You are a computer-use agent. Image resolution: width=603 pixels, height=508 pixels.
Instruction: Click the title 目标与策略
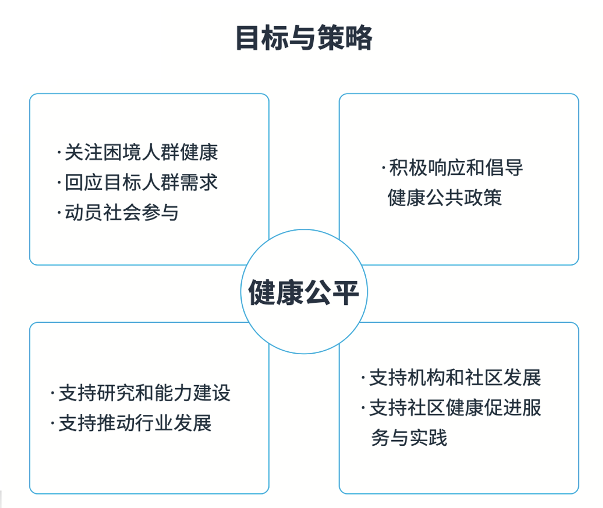(x=304, y=38)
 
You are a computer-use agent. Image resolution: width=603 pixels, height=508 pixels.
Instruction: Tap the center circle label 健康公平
(x=304, y=293)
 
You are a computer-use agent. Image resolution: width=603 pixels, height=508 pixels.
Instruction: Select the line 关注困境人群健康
(x=141, y=152)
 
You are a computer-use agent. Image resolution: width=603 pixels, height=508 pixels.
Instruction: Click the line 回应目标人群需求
(x=141, y=182)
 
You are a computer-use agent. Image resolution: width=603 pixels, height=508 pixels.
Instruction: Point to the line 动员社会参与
(x=121, y=212)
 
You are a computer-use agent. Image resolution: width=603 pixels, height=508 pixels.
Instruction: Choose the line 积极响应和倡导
(x=456, y=168)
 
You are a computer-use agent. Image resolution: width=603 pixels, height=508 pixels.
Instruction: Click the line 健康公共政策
(x=445, y=197)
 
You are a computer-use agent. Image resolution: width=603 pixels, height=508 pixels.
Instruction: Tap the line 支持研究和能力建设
(x=145, y=393)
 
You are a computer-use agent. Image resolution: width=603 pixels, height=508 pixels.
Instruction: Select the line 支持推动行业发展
(x=135, y=423)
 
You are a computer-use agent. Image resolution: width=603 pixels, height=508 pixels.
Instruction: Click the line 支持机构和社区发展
(x=455, y=377)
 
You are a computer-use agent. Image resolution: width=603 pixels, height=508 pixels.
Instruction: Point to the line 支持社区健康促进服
(x=455, y=407)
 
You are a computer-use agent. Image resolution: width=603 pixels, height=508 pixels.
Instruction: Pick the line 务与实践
(x=409, y=438)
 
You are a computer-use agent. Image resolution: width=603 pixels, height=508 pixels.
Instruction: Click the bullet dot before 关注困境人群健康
(x=59, y=153)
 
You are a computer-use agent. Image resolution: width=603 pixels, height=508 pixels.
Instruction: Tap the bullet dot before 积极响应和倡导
(x=383, y=168)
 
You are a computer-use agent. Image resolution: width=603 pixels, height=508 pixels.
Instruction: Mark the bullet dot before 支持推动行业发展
(x=52, y=424)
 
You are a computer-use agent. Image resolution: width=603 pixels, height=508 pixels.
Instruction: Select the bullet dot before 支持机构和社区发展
(x=363, y=378)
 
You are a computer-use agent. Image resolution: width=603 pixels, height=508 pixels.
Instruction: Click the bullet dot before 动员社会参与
(x=59, y=213)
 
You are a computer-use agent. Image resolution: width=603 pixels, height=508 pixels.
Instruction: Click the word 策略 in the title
(x=345, y=38)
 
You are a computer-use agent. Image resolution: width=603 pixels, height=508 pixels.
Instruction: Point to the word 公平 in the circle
(x=331, y=293)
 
